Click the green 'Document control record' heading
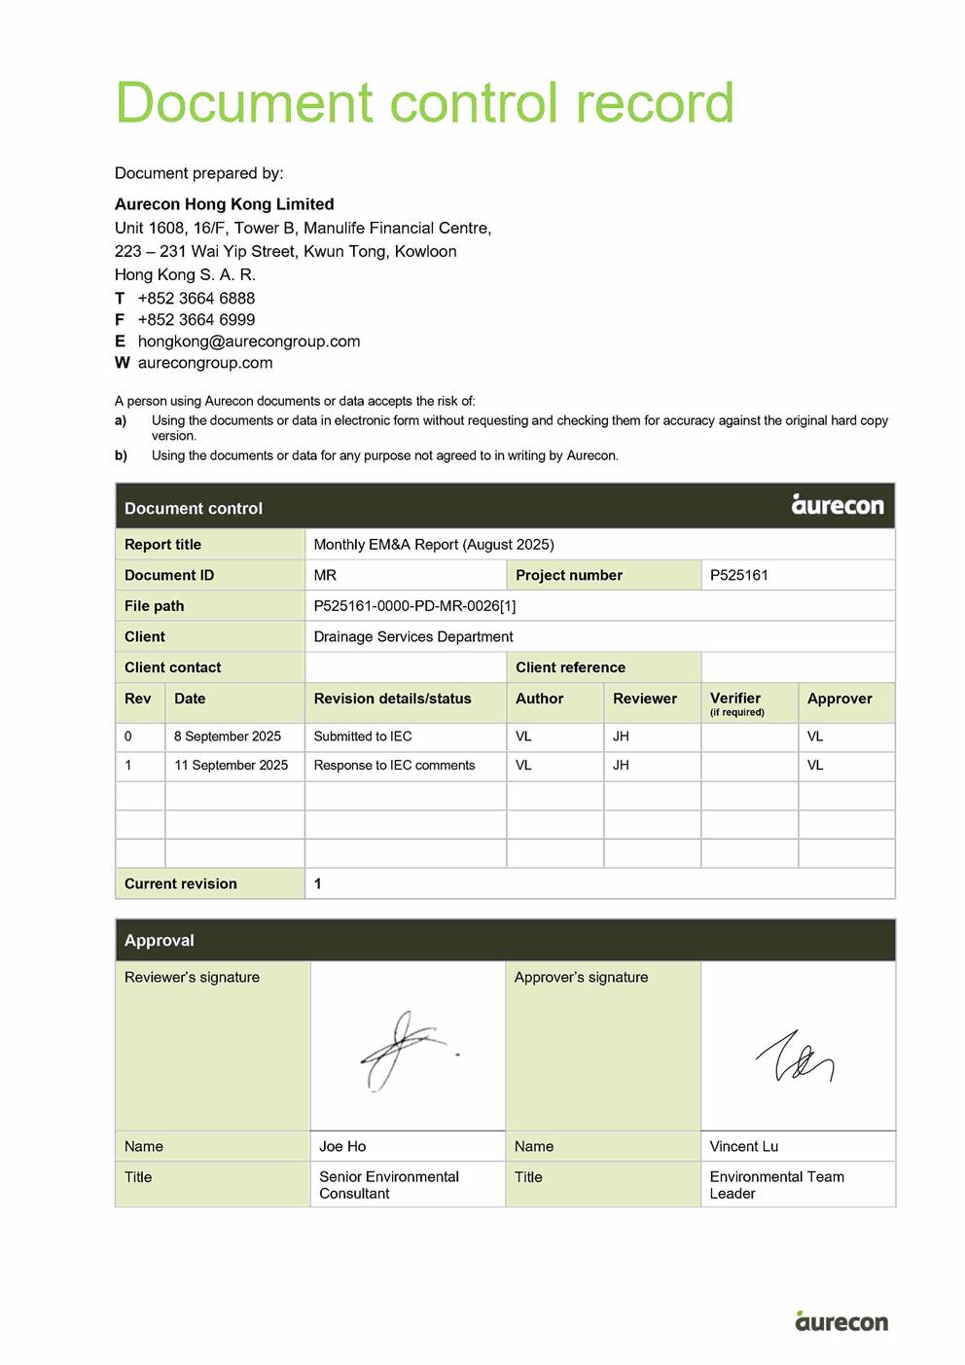pyautogui.click(x=424, y=103)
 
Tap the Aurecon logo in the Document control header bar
pyautogui.click(x=838, y=504)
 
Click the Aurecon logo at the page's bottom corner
pyautogui.click(x=840, y=1320)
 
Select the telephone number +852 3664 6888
pyautogui.click(x=197, y=299)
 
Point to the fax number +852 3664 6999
pyautogui.click(x=197, y=320)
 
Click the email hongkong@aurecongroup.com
pyautogui.click(x=249, y=341)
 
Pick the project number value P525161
pyautogui.click(x=739, y=575)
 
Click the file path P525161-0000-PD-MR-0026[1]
pyautogui.click(x=414, y=606)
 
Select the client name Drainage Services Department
pyautogui.click(x=413, y=637)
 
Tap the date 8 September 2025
pyautogui.click(x=228, y=736)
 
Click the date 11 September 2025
pyautogui.click(x=232, y=766)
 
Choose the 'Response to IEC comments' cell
pyautogui.click(x=394, y=766)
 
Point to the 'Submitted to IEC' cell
pyautogui.click(x=363, y=736)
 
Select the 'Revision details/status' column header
pyautogui.click(x=392, y=699)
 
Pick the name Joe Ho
pyautogui.click(x=342, y=1147)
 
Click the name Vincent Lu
pyautogui.click(x=744, y=1147)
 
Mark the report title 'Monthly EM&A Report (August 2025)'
pyautogui.click(x=434, y=545)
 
